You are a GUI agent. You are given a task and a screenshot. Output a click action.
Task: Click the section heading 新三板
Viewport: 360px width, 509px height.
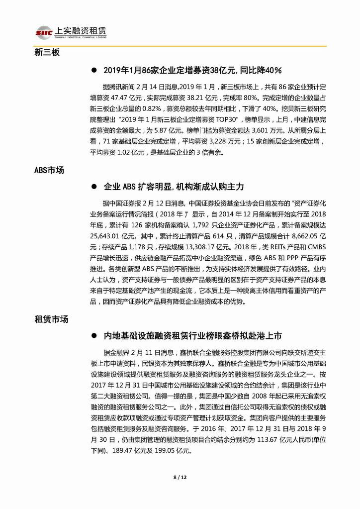tap(47, 52)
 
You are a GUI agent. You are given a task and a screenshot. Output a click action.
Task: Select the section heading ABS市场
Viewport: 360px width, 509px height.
tap(49, 170)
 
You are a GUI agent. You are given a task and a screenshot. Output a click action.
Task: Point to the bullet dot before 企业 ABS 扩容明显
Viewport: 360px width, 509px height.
tap(93, 187)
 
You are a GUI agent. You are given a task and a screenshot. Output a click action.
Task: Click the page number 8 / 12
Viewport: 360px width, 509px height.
tap(180, 478)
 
